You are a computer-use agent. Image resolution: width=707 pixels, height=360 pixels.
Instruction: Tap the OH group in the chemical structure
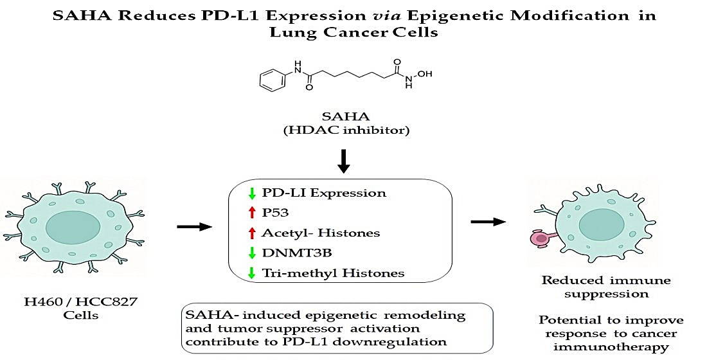[x=425, y=74]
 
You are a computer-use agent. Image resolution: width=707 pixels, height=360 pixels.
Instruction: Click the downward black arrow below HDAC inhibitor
[x=344, y=161]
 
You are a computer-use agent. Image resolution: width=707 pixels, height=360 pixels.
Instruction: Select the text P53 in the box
[x=274, y=213]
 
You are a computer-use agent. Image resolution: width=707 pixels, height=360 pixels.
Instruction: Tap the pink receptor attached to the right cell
[x=542, y=239]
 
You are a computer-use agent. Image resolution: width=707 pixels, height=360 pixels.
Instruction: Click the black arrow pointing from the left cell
[x=193, y=226]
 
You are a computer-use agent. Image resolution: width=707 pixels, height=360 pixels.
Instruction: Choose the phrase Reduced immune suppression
[x=597, y=286]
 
